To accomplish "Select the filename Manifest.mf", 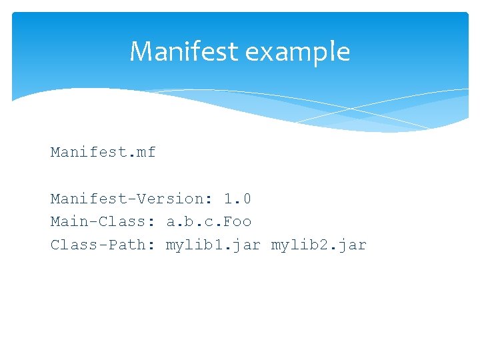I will pyautogui.click(x=103, y=152).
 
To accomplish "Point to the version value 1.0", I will pyautogui.click(x=237, y=199).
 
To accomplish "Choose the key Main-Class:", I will pyautogui.click(x=103, y=221).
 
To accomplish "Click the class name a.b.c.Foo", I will pyautogui.click(x=209, y=221).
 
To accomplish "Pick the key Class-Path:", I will pyautogui.click(x=103, y=245).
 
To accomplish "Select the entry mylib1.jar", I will pyautogui.click(x=213, y=245).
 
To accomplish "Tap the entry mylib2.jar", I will pyautogui.click(x=319, y=245).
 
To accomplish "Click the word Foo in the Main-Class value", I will pyautogui.click(x=238, y=221).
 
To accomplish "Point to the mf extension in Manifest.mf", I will pyautogui.click(x=147, y=152).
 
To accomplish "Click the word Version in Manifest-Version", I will pyautogui.click(x=170, y=199).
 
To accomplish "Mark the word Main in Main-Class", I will pyautogui.click(x=70, y=221).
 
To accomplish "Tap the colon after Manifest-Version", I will pyautogui.click(x=209, y=199).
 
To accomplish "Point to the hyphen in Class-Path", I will pyautogui.click(x=103, y=245).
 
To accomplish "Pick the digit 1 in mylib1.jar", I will pyautogui.click(x=218, y=245).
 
